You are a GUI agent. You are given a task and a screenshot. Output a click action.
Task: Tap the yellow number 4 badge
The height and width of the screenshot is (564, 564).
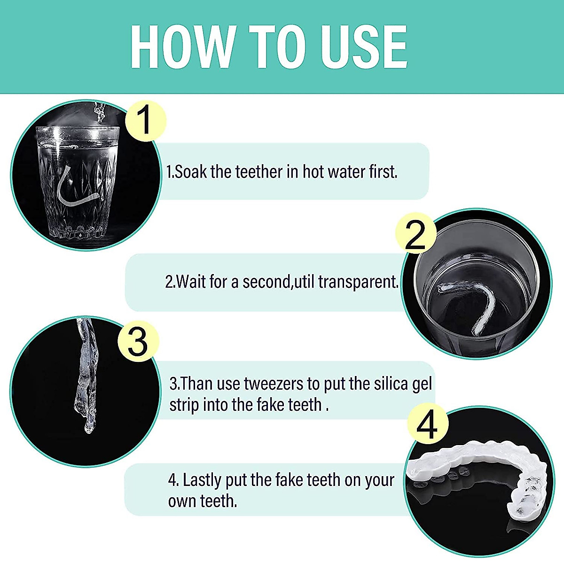(x=427, y=425)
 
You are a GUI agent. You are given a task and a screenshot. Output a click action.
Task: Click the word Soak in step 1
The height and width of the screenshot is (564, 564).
(x=191, y=172)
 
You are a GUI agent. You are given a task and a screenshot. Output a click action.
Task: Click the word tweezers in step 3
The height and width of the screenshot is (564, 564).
(x=273, y=384)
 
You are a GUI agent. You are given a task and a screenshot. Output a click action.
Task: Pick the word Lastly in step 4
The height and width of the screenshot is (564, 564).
(x=203, y=480)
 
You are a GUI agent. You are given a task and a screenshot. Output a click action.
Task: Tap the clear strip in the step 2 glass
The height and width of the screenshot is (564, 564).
(x=470, y=305)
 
